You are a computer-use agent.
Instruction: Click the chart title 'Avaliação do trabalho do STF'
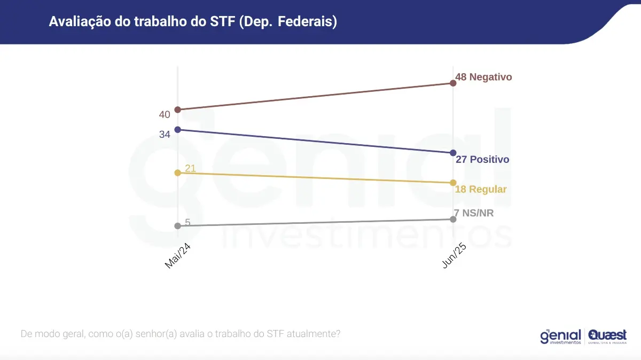pos(193,22)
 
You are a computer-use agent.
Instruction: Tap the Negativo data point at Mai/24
pos(178,109)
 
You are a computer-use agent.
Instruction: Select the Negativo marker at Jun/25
pos(453,83)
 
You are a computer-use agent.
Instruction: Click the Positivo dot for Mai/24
pos(178,129)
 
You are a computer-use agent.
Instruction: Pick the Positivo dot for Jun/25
pos(453,153)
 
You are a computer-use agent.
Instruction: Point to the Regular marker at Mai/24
pos(178,173)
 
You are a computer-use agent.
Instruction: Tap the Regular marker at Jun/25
pos(453,183)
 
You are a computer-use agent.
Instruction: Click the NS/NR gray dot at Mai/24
pos(178,226)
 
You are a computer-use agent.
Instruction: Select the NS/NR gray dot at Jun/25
pos(453,219)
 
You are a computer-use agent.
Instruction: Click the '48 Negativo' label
pos(483,77)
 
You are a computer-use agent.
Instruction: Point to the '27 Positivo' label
pos(482,160)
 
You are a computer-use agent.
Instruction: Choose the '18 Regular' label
pos(481,190)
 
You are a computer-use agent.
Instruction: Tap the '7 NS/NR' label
pos(474,214)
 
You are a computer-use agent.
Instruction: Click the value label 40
pos(165,114)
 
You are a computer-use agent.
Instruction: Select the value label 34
pos(165,135)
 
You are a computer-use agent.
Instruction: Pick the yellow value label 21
pos(191,169)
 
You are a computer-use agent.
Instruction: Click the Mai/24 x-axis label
pos(178,256)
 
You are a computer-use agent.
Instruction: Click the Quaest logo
pos(607,336)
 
